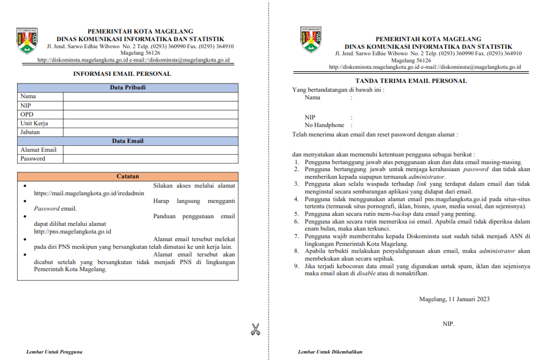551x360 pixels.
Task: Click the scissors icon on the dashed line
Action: coord(255,329)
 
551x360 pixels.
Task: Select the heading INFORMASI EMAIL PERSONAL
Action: coord(122,74)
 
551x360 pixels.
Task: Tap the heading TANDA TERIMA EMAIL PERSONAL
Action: coord(411,81)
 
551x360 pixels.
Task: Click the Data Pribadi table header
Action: coord(128,88)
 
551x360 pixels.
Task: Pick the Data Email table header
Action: coord(128,141)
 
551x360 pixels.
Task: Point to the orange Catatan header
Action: coord(128,176)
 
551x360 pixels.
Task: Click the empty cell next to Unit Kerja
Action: coord(151,124)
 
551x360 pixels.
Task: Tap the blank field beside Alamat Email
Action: coord(151,150)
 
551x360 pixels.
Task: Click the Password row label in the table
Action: coord(32,159)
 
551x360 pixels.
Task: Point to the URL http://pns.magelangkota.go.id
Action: coord(72,231)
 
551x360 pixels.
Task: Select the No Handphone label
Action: coord(324,125)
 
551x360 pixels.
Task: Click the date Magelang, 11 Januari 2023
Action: coord(454,299)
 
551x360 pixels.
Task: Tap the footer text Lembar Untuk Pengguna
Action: coord(54,352)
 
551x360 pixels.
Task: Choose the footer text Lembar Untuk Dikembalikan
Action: coord(330,352)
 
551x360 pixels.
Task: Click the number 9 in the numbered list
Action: coord(297,266)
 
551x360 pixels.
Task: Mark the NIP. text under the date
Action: coord(449,324)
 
